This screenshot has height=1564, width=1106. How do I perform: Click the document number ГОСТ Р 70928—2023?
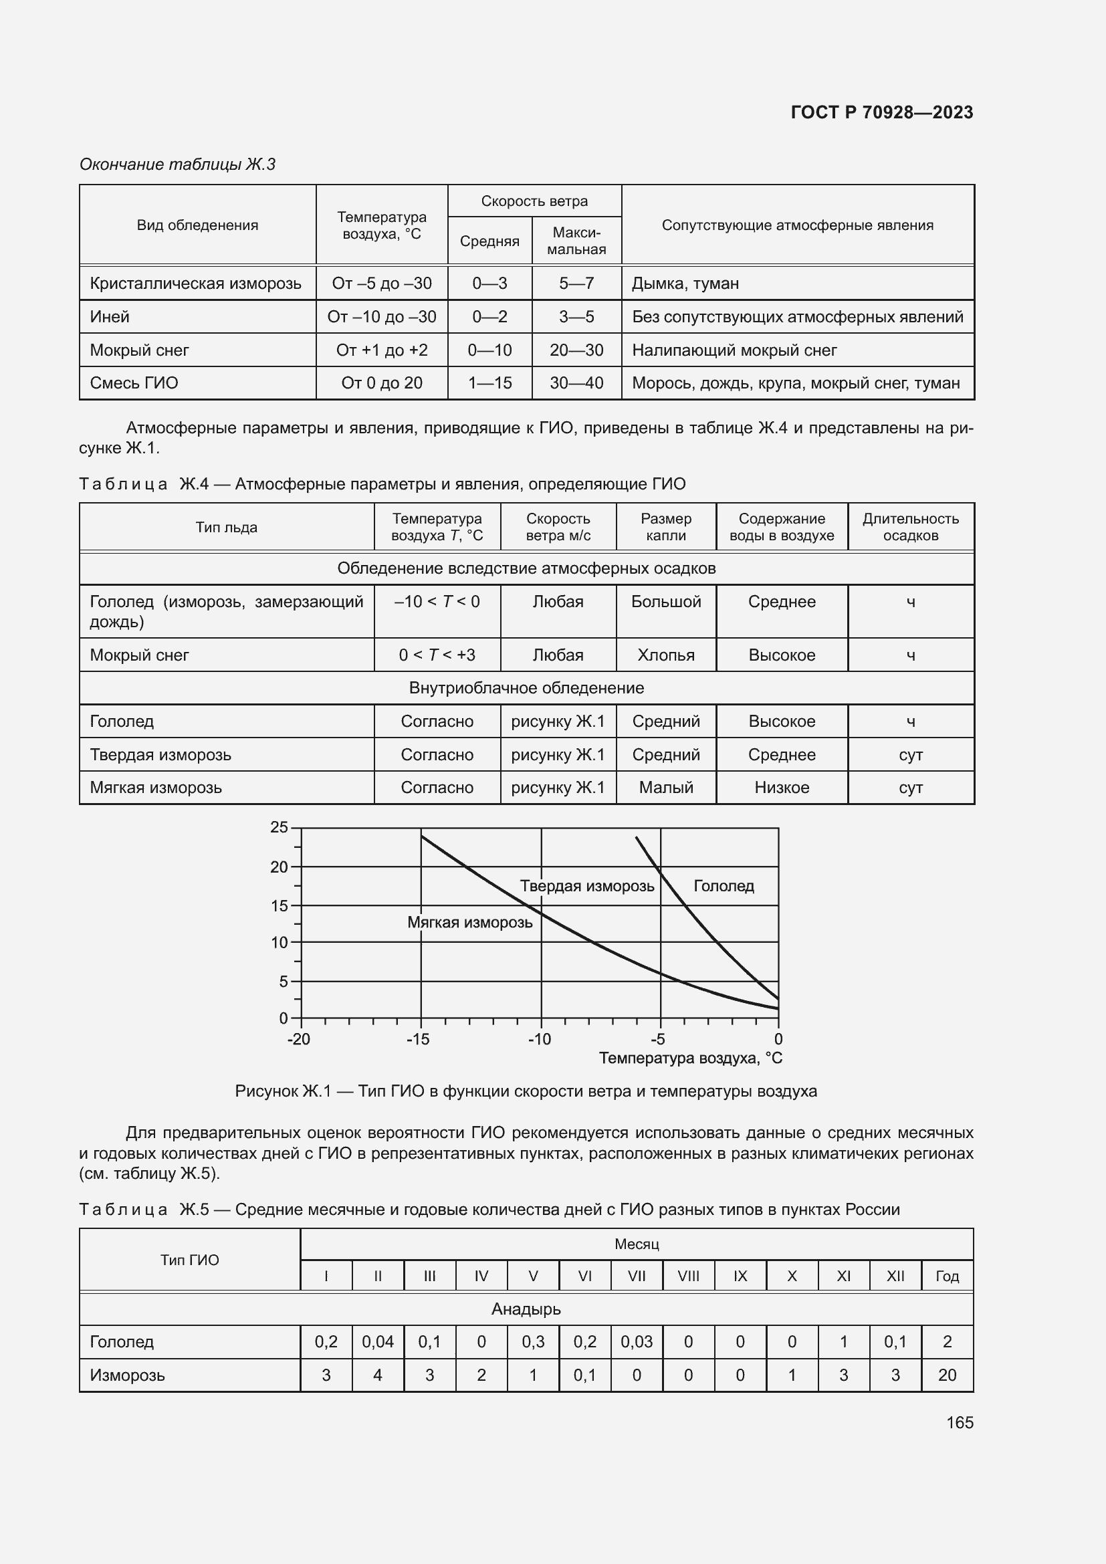click(x=881, y=112)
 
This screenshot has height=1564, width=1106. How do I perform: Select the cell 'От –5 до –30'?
click(x=381, y=284)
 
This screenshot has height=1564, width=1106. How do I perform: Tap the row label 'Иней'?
click(x=110, y=317)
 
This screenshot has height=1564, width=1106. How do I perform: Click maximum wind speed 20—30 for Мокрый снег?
click(x=576, y=350)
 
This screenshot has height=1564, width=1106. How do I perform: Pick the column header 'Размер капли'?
click(x=665, y=526)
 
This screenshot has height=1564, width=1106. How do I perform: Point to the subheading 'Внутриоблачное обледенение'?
click(x=526, y=688)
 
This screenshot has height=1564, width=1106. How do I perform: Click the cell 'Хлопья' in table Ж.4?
click(x=665, y=655)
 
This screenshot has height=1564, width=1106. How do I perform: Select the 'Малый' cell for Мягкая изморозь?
click(x=665, y=788)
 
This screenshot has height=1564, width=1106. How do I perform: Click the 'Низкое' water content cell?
click(x=781, y=788)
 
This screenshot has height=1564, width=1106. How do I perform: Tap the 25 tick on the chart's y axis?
click(x=280, y=828)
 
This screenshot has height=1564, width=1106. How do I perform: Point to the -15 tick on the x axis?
click(x=417, y=1040)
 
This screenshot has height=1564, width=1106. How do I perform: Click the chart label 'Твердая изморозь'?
click(x=586, y=886)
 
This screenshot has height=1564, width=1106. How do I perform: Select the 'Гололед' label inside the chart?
click(x=724, y=886)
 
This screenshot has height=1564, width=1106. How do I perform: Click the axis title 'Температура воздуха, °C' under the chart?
click(x=690, y=1058)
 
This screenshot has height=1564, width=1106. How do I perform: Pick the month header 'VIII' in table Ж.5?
click(x=688, y=1276)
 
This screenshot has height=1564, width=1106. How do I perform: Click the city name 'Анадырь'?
click(x=526, y=1309)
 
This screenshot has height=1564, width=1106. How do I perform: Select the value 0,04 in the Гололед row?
click(x=377, y=1342)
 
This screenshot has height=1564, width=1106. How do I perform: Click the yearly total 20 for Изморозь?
click(x=947, y=1375)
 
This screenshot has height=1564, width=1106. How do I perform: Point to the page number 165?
click(x=959, y=1422)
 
